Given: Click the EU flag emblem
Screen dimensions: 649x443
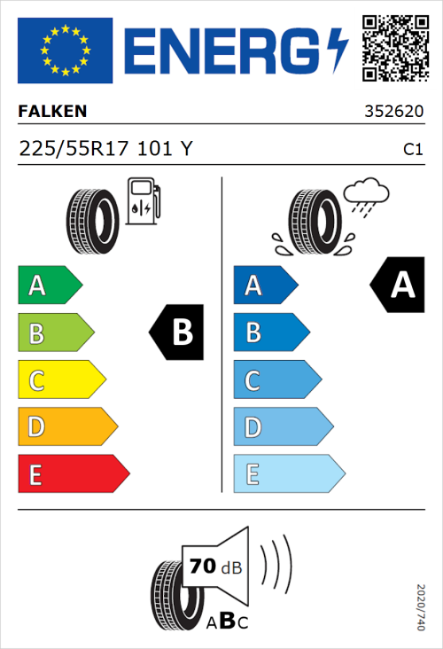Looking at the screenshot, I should pyautogui.click(x=65, y=50).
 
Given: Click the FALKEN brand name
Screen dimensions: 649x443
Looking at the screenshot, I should pyautogui.click(x=53, y=113).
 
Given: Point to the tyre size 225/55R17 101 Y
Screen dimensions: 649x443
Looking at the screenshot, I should pyautogui.click(x=105, y=150).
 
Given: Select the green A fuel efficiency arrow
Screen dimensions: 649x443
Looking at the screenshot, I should pyautogui.click(x=49, y=285).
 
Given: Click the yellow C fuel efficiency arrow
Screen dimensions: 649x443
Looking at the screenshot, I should pyautogui.click(x=60, y=381).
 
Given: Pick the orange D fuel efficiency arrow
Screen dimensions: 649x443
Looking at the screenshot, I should pyautogui.click(x=66, y=428).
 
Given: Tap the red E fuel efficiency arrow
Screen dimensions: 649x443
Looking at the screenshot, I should pyautogui.click(x=73, y=475).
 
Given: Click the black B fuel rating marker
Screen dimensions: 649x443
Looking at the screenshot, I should pyautogui.click(x=177, y=332).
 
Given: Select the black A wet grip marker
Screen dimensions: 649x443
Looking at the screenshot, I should pyautogui.click(x=398, y=285).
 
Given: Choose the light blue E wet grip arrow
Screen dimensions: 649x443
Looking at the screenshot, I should pyautogui.click(x=288, y=475).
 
